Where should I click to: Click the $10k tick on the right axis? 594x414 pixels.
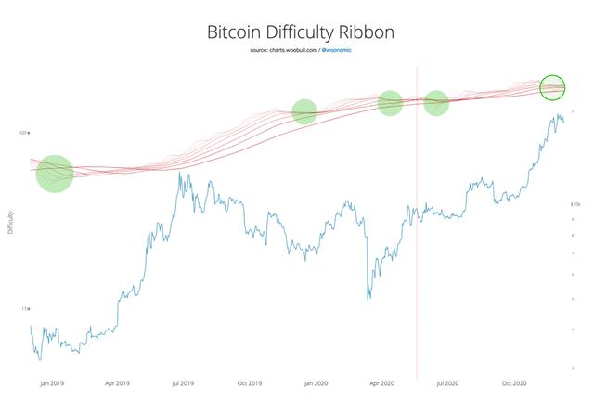[x=575, y=203]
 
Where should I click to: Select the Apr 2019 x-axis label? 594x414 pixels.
[x=116, y=382]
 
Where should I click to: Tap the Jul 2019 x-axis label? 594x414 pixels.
[x=183, y=382]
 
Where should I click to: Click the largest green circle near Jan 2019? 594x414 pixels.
[x=55, y=174]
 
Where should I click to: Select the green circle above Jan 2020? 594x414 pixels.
[x=304, y=112]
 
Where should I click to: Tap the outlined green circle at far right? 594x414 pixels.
[x=552, y=87]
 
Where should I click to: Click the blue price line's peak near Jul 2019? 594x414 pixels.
[x=179, y=174]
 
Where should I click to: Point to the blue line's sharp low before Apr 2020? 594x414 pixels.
[x=368, y=298]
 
